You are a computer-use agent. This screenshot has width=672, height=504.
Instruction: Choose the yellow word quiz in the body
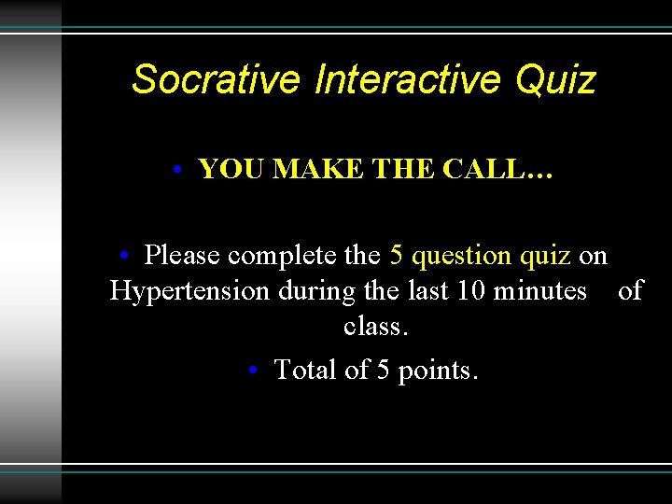546,256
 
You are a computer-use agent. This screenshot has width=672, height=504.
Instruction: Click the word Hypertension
189,291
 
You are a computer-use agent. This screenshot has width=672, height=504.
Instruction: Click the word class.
376,328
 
